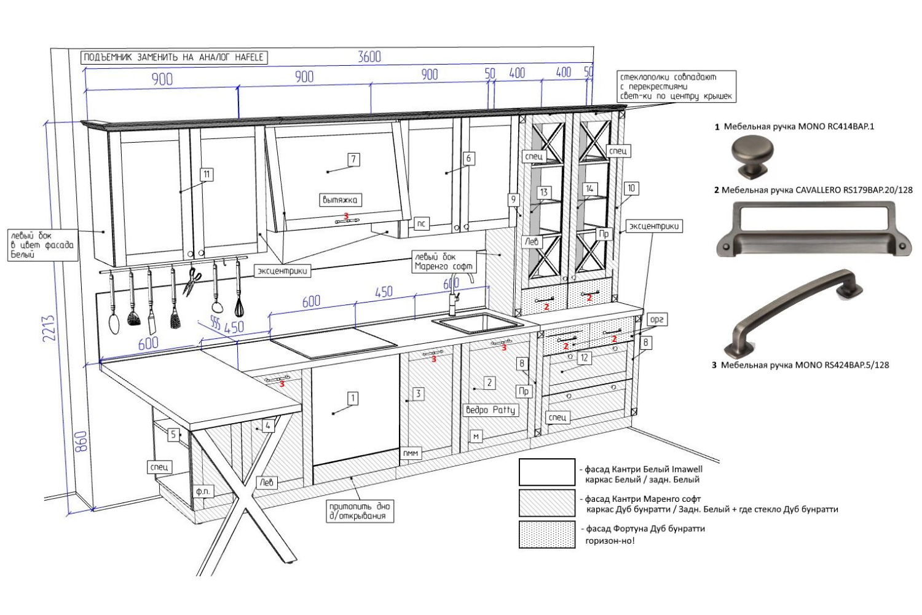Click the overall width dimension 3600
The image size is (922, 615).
coord(369,57)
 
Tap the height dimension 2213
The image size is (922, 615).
coord(49,328)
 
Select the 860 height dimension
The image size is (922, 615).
coord(81,442)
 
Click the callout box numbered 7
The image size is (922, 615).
coord(353,159)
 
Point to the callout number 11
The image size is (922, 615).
coord(207,174)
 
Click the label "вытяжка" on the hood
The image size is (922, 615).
coord(340,200)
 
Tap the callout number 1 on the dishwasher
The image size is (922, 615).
coord(353,399)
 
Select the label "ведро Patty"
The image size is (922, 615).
coord(490,410)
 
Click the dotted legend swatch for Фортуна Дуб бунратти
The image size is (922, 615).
coord(546,534)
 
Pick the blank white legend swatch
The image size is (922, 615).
coord(546,472)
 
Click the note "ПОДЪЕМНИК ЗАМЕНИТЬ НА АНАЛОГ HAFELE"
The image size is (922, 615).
coord(174,57)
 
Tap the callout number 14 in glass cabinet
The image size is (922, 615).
coord(589,189)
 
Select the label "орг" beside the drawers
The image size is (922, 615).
coord(656,320)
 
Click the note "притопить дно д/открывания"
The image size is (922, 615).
coord(360,511)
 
